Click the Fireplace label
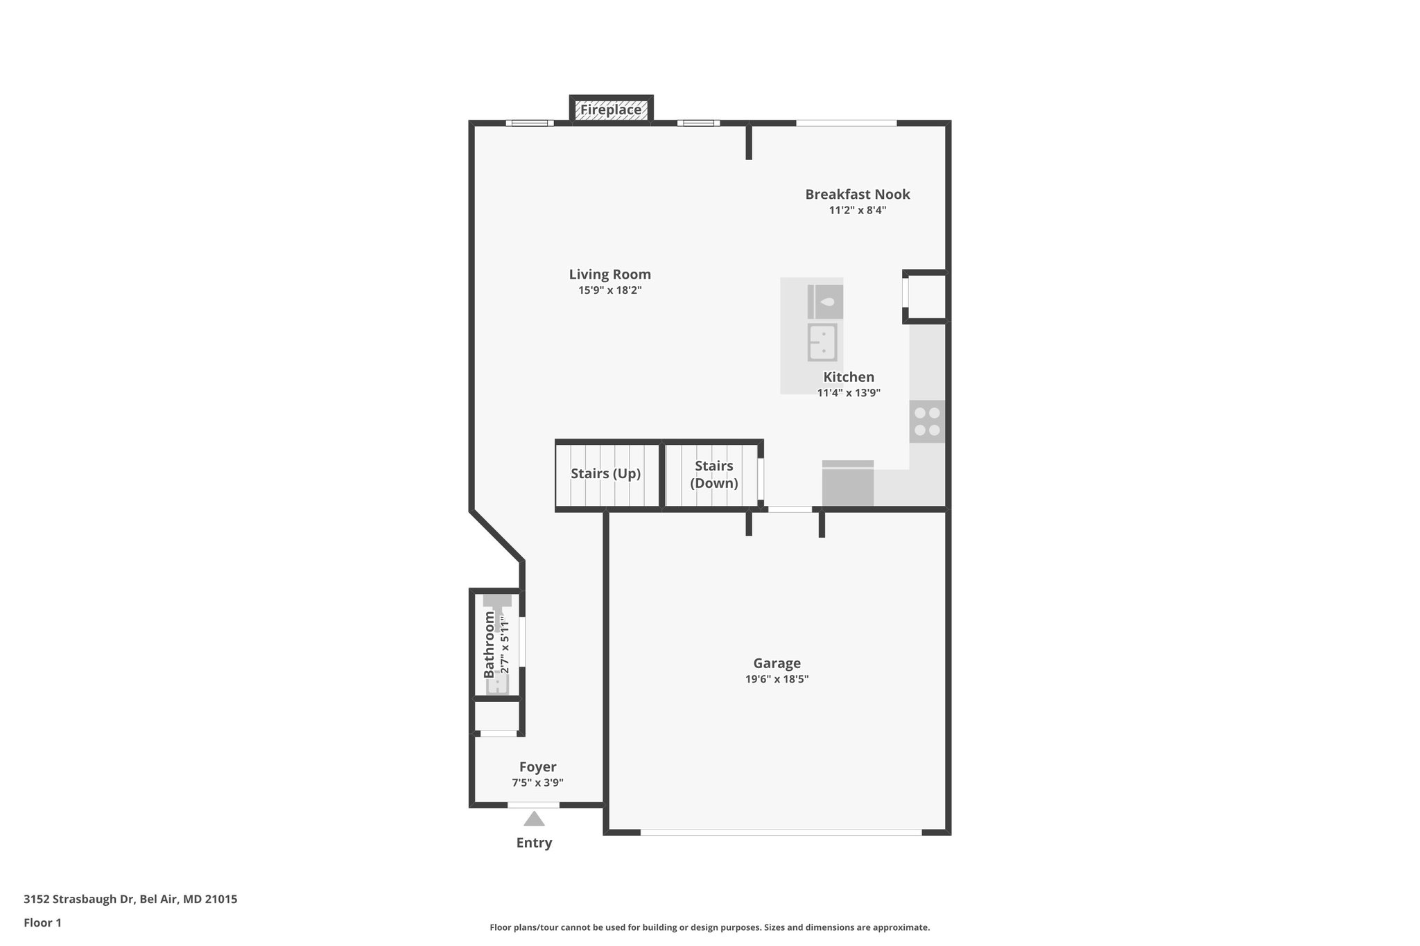611,110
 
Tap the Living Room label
609,274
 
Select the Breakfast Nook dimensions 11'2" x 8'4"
857,211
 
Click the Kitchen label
848,377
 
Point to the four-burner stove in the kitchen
926,421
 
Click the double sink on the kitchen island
822,342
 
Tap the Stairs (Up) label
605,473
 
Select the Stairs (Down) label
713,475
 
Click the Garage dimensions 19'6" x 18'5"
777,679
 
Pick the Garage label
777,663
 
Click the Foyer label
537,767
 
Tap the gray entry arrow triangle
533,819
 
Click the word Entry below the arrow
534,843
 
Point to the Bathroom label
490,645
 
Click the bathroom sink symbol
497,685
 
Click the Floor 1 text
42,922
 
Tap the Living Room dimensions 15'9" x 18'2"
609,290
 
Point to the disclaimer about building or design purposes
709,927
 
